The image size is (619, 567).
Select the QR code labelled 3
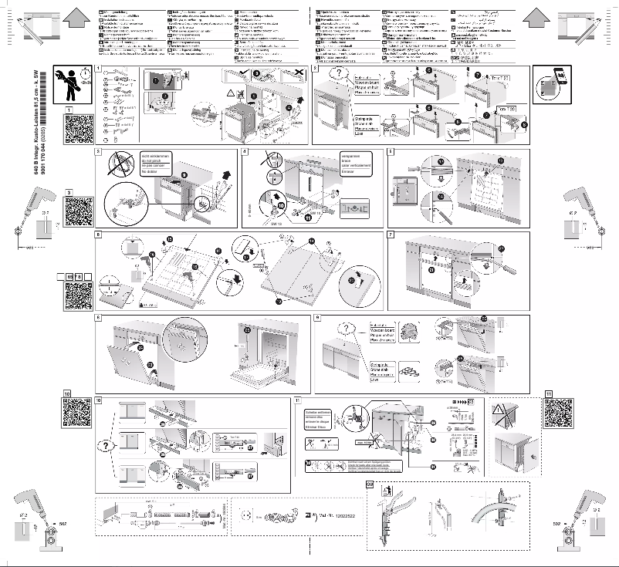(x=79, y=211)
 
